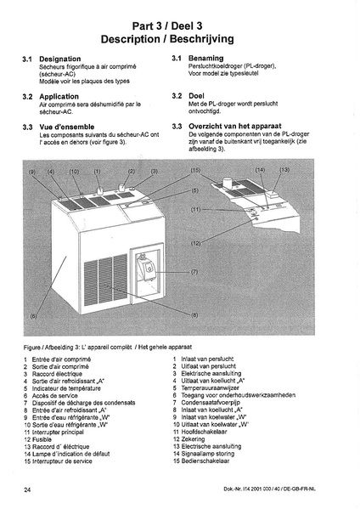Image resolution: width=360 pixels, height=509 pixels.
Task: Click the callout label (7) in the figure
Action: click(194, 272)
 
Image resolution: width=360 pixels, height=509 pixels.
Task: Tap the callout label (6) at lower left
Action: click(33, 316)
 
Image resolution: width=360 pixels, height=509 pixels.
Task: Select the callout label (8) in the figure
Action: click(194, 314)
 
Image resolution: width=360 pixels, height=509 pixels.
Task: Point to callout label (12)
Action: click(195, 243)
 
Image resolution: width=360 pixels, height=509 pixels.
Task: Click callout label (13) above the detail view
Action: click(284, 170)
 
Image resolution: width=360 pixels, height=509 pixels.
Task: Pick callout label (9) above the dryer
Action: click(31, 172)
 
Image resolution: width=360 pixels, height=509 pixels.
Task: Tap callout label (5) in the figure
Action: click(194, 191)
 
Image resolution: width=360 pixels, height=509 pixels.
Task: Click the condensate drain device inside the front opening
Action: click(148, 268)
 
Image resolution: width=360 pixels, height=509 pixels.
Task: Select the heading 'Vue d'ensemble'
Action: click(67, 127)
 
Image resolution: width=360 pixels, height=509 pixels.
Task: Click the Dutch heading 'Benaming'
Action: click(206, 58)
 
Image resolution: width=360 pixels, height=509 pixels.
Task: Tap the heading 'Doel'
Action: click(196, 96)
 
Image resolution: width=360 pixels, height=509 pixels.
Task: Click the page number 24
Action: click(27, 489)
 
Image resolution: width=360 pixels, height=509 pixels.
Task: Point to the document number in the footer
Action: click(269, 489)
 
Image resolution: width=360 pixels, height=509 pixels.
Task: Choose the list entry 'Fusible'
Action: click(42, 439)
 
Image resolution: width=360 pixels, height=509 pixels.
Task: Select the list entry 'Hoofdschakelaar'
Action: click(204, 432)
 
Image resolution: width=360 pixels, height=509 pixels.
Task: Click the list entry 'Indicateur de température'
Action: click(66, 388)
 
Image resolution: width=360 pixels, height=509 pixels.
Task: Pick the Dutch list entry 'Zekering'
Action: click(193, 438)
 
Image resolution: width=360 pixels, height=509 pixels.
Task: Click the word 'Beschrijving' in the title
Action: click(202, 39)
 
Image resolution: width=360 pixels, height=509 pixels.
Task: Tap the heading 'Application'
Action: click(59, 96)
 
